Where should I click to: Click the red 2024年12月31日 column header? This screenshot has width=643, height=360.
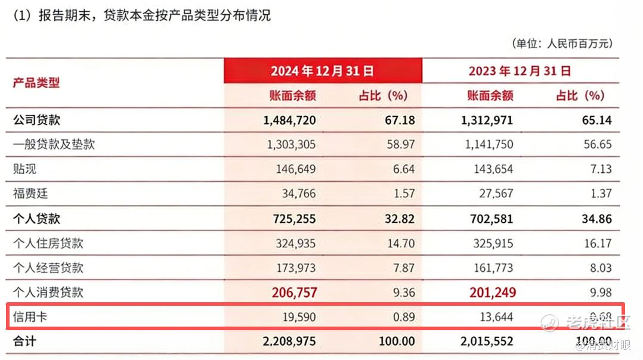pos(323,71)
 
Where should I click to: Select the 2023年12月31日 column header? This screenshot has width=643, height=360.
pos(520,71)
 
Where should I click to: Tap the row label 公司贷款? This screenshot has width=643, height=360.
pos(36,120)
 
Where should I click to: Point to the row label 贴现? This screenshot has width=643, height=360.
pos(25,169)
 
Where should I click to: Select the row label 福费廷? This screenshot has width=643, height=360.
pos(31,193)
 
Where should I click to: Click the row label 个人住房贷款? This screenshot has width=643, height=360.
pos(48,243)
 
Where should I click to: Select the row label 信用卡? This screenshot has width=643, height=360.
pos(30,317)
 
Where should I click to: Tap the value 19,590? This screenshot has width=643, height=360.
pos(297,317)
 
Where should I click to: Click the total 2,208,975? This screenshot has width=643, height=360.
pos(289,342)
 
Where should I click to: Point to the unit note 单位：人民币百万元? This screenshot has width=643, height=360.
pos(562,43)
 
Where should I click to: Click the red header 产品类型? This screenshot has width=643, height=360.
pos(36,82)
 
